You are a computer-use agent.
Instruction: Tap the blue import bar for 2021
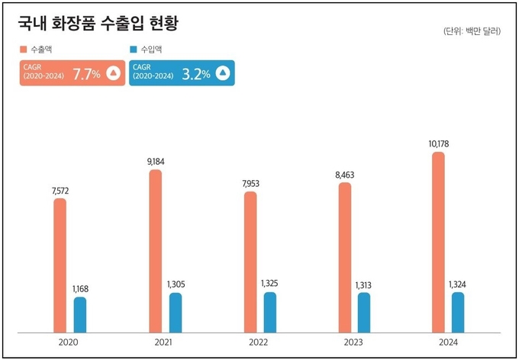tap(176, 313)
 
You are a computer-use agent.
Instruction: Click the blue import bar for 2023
tap(364, 313)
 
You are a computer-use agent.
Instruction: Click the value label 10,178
tap(438, 143)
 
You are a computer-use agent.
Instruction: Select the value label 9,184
tap(155, 161)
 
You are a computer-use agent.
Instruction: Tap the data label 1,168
tap(81, 289)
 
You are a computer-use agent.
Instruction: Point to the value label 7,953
tap(250, 183)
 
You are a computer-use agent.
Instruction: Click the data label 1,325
tap(270, 284)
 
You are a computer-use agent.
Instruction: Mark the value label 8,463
tap(345, 175)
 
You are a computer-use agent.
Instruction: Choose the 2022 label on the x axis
tap(257, 342)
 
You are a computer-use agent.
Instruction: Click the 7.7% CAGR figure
tap(86, 74)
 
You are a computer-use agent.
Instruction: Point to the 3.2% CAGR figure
tap(196, 74)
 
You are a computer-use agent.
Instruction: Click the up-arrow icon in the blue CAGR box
tap(222, 73)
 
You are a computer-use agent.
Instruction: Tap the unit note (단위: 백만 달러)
tap(471, 31)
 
